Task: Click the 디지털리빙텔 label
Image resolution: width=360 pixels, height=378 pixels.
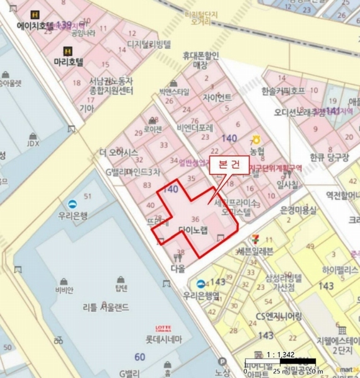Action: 149,44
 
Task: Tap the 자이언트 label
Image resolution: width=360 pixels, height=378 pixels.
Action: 217,98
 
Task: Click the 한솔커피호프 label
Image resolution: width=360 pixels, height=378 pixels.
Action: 283,91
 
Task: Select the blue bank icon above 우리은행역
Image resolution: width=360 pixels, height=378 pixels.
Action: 200,283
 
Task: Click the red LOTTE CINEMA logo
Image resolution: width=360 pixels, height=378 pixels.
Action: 163,328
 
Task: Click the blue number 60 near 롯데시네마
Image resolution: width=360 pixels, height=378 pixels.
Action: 139,358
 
